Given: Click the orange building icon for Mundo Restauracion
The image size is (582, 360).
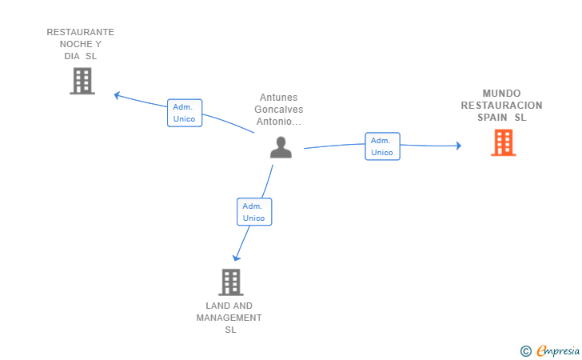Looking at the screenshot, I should (x=503, y=142).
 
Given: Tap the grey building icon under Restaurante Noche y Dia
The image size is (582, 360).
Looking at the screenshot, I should (x=82, y=81).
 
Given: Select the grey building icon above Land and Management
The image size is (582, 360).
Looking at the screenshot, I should (x=230, y=282).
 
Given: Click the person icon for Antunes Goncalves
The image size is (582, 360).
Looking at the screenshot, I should (x=281, y=147).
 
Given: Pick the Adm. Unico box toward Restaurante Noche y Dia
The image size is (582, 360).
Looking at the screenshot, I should (x=185, y=113).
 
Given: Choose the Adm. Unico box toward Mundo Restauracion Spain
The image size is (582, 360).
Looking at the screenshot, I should (x=382, y=146).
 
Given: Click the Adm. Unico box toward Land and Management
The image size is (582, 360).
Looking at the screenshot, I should (x=254, y=212).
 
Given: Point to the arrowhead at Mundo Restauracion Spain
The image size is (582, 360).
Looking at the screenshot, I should (x=458, y=146).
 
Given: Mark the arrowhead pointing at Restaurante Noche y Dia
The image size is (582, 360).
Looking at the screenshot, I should (x=118, y=95).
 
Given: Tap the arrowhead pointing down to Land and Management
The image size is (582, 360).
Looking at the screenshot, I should (x=236, y=258).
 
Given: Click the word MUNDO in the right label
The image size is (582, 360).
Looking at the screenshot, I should (x=501, y=93).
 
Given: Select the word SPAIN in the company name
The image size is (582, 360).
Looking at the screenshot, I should (x=493, y=118).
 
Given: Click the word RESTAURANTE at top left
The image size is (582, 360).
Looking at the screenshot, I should (x=80, y=32).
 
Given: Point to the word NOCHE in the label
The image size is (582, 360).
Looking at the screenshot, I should (x=75, y=44).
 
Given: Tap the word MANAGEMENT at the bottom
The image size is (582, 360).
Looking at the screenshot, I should (x=229, y=318).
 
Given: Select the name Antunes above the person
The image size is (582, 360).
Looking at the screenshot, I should (x=279, y=98).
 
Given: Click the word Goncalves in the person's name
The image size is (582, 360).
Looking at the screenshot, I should (x=279, y=110).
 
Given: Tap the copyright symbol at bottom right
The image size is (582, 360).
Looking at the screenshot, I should (x=525, y=350).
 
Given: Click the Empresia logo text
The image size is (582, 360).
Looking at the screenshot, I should (x=556, y=350).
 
